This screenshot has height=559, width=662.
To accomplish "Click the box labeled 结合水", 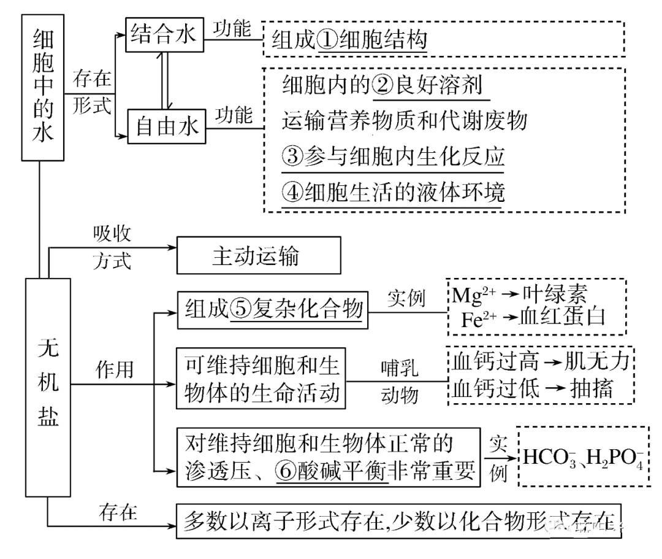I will pos(164,34).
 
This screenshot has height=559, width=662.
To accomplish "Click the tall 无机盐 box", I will pos(48,387).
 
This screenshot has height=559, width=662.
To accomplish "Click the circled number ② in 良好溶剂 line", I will pos(384,84).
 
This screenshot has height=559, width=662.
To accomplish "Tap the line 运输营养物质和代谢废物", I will pos(405,121).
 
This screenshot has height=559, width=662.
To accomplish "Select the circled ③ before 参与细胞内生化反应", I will pos(293,156).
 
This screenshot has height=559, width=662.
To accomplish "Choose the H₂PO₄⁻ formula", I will pos(613,458).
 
